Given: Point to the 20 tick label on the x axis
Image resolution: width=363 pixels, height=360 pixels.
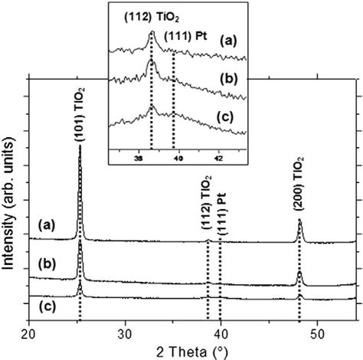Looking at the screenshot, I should point(28,332).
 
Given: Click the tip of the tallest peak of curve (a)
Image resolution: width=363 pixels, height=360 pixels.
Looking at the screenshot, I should point(80,146).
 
